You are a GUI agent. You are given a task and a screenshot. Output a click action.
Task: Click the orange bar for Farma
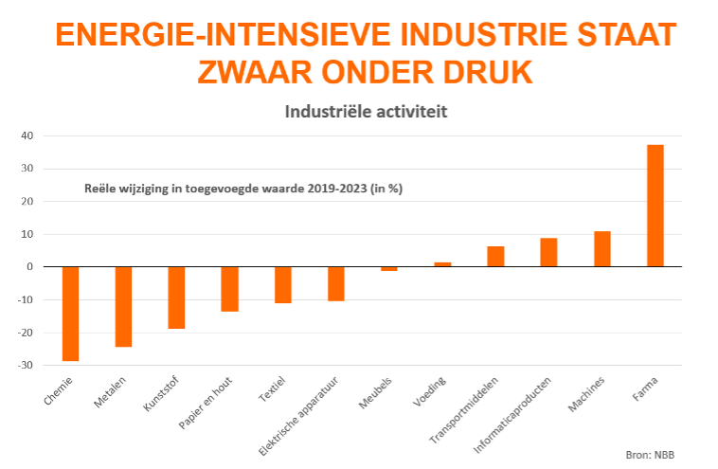click(655, 206)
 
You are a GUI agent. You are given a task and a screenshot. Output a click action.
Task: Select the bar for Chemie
click(70, 314)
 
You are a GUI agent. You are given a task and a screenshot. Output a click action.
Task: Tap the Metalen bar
click(123, 306)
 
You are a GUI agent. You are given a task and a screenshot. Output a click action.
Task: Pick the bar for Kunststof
click(176, 297)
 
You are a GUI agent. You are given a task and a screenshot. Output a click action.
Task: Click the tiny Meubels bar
click(389, 269)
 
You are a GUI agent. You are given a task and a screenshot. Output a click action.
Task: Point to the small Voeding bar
click(442, 264)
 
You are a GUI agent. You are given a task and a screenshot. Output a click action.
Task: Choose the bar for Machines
click(601, 248)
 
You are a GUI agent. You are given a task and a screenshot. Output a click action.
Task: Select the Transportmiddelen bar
click(495, 256)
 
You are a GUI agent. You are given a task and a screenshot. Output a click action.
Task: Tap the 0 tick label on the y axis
click(31, 267)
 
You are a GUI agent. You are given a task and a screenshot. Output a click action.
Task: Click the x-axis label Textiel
click(271, 389)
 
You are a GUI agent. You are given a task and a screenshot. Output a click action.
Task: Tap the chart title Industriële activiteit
click(366, 112)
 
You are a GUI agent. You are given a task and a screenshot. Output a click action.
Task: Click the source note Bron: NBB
click(651, 454)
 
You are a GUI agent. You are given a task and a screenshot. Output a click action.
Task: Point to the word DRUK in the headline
click(479, 72)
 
